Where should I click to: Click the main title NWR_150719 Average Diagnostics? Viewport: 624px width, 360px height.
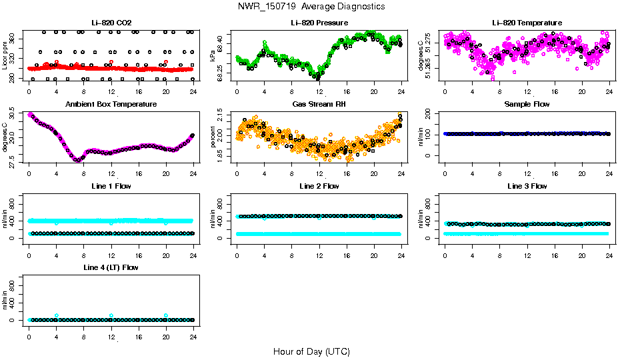(311, 6)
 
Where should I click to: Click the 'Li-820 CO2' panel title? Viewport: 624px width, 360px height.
(111, 23)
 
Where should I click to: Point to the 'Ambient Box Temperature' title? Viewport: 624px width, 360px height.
(111, 105)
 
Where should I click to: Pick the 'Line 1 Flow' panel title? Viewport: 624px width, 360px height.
(111, 186)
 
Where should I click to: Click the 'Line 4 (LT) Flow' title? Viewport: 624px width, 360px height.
(111, 267)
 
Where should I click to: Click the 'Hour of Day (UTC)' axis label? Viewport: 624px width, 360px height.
(311, 351)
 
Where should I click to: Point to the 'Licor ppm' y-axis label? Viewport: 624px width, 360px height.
(6, 55)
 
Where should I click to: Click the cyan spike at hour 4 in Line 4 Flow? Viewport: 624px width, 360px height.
(57, 315)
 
